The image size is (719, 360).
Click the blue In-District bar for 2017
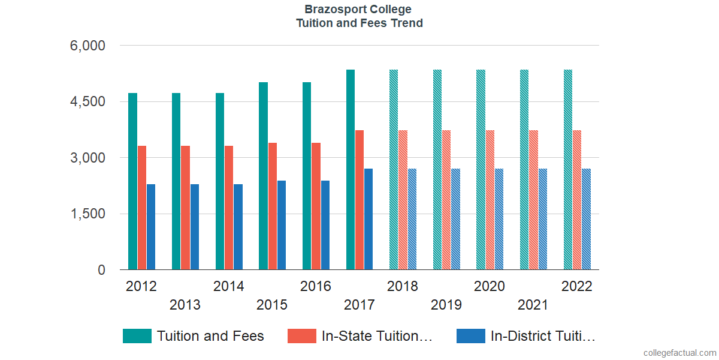click(x=368, y=219)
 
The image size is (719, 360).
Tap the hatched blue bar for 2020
click(x=499, y=219)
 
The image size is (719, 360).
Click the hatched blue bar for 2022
click(x=586, y=219)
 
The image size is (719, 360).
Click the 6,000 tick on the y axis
click(x=88, y=46)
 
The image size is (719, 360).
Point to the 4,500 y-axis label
click(x=88, y=102)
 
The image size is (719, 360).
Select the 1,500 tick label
click(x=88, y=214)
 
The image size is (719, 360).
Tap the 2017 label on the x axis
click(x=359, y=305)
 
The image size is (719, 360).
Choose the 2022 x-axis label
click(x=576, y=286)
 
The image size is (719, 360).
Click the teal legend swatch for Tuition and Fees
click(x=137, y=336)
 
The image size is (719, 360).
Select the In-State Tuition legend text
click(x=377, y=336)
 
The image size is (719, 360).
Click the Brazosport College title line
click(x=359, y=10)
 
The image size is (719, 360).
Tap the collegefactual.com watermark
click(x=679, y=352)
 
